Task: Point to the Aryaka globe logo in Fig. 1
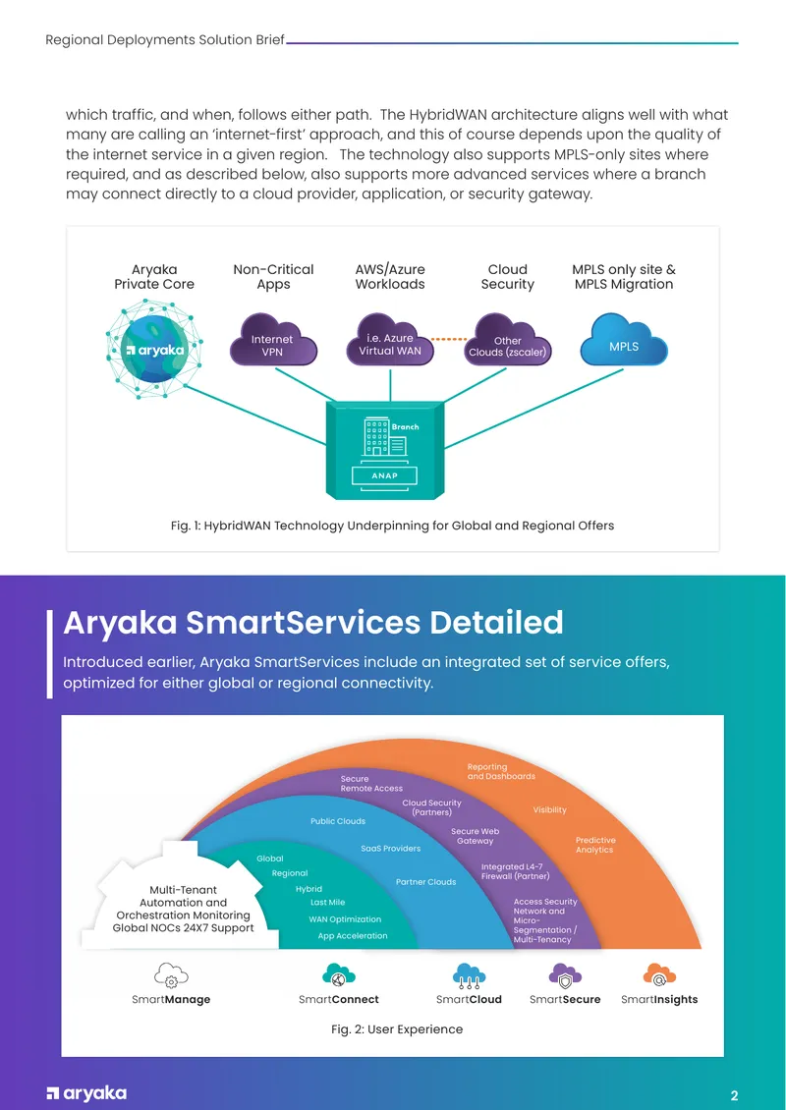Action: [x=154, y=349]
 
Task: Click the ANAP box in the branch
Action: [x=384, y=475]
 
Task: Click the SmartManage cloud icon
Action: [x=171, y=974]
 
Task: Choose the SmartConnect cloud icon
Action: [x=339, y=974]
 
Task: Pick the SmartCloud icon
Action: [x=469, y=974]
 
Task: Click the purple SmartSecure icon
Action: [x=565, y=974]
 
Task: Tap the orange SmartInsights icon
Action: [x=659, y=974]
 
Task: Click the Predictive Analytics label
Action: [x=594, y=845]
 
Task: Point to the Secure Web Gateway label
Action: [x=476, y=836]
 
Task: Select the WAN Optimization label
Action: [x=345, y=919]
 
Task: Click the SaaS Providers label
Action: [x=390, y=848]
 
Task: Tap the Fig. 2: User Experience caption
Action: [x=397, y=1029]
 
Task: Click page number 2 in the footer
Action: [x=734, y=1096]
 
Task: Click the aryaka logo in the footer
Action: [x=86, y=1093]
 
